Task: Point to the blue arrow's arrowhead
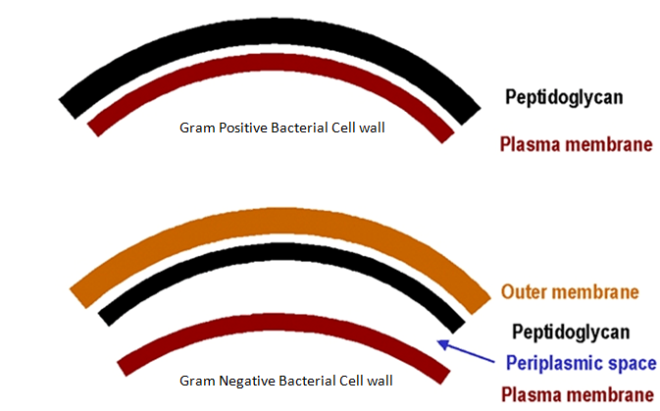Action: pos(442,343)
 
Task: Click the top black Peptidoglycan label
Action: pos(564,97)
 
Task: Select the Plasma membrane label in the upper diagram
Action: pos(576,145)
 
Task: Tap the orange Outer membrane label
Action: pos(570,292)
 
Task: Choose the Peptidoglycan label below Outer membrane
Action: pos(570,333)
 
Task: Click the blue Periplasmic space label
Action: pos(581,363)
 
